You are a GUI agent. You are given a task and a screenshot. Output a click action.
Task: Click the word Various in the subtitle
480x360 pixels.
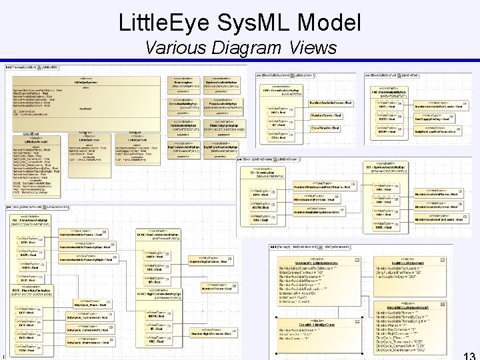(176, 48)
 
